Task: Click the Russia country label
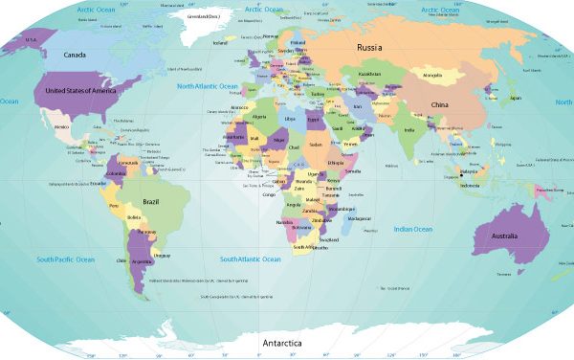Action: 369,47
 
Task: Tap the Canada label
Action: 75,55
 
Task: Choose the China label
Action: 439,103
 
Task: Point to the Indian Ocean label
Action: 413,229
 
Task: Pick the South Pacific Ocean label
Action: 65,259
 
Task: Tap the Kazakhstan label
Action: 369,75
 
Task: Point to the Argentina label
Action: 141,260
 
